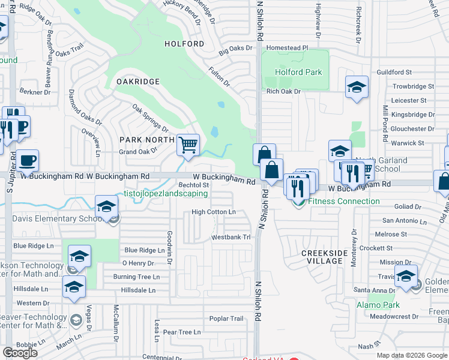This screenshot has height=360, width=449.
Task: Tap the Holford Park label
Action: coord(298,73)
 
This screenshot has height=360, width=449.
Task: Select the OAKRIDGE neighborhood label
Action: coord(138,81)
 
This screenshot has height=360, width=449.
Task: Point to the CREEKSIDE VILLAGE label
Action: coord(324,257)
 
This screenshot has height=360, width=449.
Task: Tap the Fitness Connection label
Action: coord(344,202)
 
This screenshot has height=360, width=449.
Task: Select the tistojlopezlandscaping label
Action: coord(166,194)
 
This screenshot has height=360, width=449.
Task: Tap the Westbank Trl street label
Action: coord(230,238)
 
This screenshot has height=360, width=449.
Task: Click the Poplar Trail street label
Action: coord(226,319)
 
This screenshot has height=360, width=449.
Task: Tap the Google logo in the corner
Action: coord(20,353)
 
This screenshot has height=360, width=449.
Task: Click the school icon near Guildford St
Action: coord(357,88)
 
